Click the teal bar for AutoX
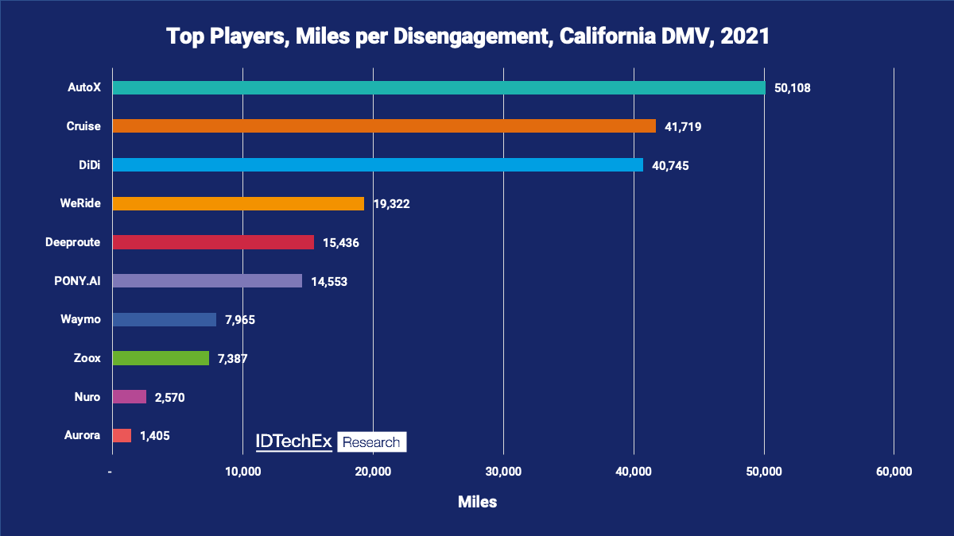438,87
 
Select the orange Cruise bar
384,125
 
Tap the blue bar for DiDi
378,164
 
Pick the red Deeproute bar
213,242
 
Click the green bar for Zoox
161,358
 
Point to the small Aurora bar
122,435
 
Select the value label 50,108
792,87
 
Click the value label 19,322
391,204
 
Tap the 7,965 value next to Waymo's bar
240,320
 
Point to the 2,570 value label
170,397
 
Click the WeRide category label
80,203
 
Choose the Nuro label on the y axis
87,396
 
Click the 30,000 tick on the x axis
503,472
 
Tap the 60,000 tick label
894,472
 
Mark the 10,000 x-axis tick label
243,472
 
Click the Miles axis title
477,502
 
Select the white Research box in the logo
372,442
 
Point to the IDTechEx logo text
293,442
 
